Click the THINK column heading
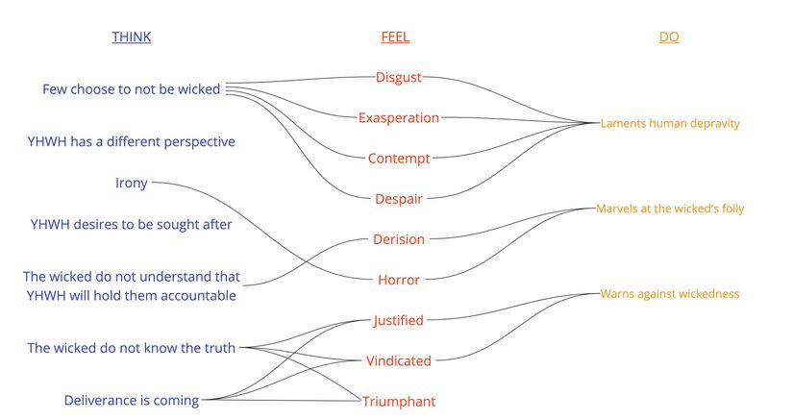click(x=131, y=37)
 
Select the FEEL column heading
click(x=395, y=37)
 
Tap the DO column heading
click(x=669, y=37)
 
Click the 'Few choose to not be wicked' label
click(x=132, y=89)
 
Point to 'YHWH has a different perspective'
click(x=131, y=141)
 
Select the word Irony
click(x=132, y=183)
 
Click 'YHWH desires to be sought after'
click(x=131, y=225)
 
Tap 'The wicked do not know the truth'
click(x=132, y=348)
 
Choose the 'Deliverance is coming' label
click(x=132, y=400)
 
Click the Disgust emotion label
click(x=399, y=77)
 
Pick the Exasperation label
click(x=399, y=117)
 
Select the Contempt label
click(x=399, y=158)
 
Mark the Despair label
click(x=399, y=199)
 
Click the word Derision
click(x=399, y=239)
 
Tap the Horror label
click(x=399, y=281)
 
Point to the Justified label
click(x=398, y=320)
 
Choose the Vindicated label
click(x=399, y=361)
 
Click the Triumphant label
click(x=399, y=401)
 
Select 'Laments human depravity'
click(x=670, y=123)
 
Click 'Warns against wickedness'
click(x=670, y=293)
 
